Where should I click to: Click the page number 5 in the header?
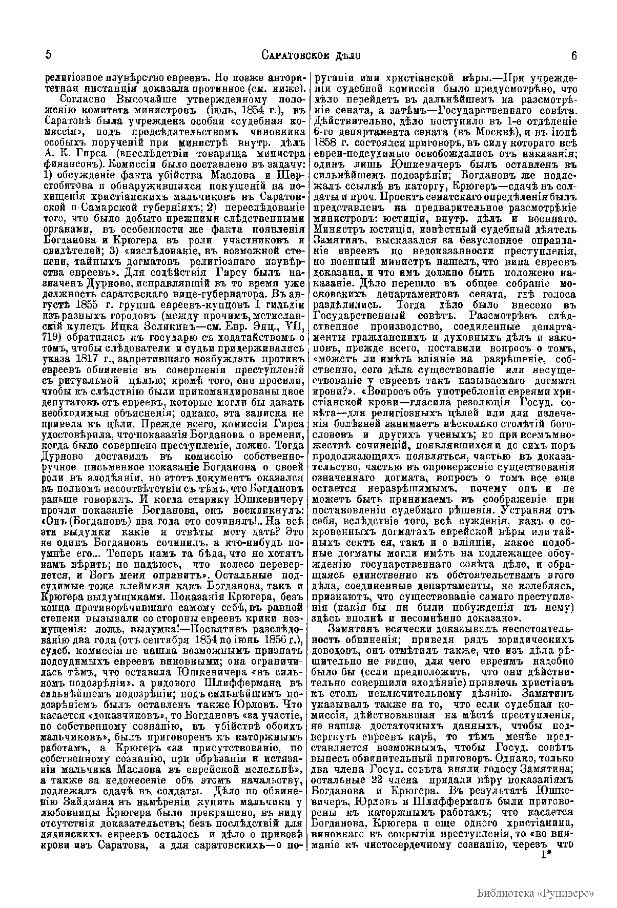[x=47, y=55]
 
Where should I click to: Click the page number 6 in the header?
[x=573, y=55]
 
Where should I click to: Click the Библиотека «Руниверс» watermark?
[x=535, y=893]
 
